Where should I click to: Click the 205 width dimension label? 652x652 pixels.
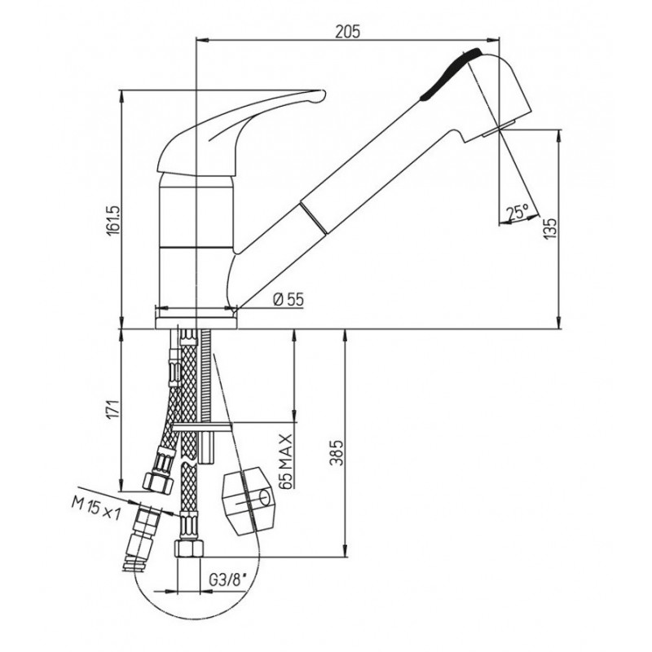pos(348,32)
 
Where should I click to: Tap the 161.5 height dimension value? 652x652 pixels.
pos(113,219)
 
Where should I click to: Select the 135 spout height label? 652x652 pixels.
pos(549,228)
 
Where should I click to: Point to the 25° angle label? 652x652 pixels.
pos(518,213)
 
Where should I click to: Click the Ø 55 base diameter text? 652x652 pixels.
pos(289,299)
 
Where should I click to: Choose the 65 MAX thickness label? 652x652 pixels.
pos(286,460)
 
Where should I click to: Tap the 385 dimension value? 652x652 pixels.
pos(338,452)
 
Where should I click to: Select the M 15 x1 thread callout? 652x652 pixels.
pos(95,507)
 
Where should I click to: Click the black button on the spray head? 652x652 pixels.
pos(450,74)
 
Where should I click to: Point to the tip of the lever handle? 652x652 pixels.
pos(323,94)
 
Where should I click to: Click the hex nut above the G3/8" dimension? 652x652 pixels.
pos(189,548)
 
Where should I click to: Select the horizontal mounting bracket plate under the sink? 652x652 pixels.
pos(202,426)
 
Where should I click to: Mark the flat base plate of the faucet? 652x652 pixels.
pos(196,323)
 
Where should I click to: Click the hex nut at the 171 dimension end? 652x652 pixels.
pos(158,482)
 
